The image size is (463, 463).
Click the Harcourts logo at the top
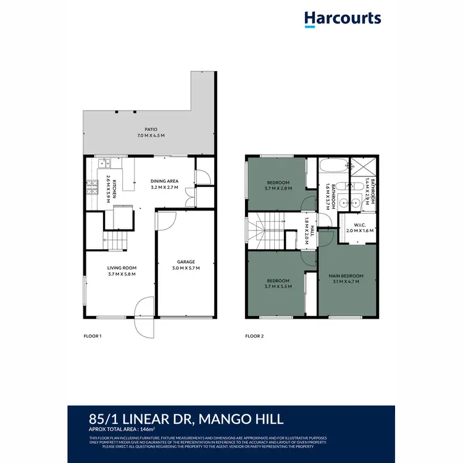(343, 18)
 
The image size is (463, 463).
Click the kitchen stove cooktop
(92, 185)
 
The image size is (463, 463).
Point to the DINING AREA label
(164, 181)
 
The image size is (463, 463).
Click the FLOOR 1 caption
(92, 336)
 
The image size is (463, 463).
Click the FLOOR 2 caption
(254, 336)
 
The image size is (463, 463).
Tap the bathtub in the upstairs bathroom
(333, 167)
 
